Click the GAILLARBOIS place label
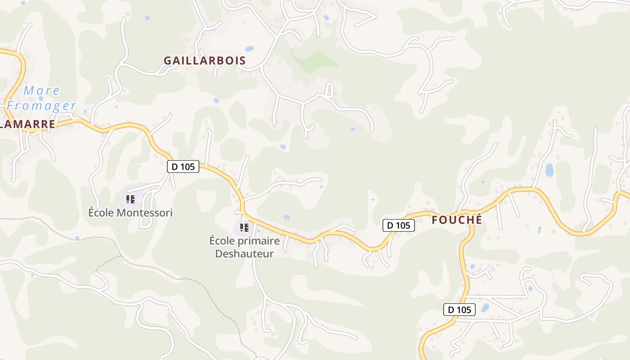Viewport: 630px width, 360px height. coord(205,61)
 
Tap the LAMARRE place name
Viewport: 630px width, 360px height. coord(28,124)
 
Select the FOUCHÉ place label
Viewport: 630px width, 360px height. coord(457,220)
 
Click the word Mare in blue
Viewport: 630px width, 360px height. coord(42,90)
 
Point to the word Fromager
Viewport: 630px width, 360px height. coord(41,106)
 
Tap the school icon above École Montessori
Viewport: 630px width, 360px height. coord(130,199)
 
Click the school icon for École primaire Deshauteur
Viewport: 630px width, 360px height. coord(244,228)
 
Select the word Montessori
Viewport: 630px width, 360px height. coord(145,213)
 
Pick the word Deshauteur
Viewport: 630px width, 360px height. coord(244,254)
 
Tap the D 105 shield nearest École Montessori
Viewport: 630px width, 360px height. coord(183,166)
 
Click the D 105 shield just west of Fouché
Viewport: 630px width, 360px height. coord(398,225)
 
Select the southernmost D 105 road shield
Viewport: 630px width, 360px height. coord(459,310)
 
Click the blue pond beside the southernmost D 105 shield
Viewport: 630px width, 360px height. coord(485,308)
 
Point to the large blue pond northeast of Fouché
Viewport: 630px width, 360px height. coord(549,170)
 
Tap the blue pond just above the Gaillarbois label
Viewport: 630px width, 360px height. coord(249,49)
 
